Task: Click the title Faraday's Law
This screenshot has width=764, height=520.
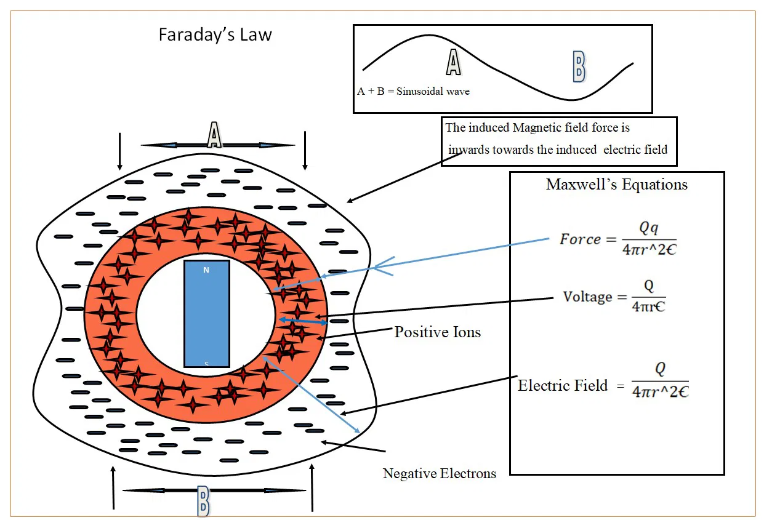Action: coord(215,34)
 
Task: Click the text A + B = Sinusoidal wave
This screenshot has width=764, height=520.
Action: coord(413,92)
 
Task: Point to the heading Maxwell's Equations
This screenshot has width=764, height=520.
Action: coord(616,184)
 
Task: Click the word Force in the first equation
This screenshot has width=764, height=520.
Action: coord(580,239)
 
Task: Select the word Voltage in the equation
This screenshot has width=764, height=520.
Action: coord(587,297)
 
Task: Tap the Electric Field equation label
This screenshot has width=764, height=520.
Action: coord(563,386)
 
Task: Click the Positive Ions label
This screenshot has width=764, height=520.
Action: coord(437,332)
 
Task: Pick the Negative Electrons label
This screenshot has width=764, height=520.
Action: coord(439,473)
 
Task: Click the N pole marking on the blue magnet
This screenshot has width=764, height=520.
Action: coord(206,270)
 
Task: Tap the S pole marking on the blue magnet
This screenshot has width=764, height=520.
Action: coord(206,364)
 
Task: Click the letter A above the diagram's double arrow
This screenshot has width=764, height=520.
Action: coord(214,135)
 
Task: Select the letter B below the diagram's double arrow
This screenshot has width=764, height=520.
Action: coord(203,501)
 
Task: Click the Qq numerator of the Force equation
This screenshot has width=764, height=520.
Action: coord(648,228)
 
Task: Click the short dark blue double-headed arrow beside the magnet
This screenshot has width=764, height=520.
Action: coord(303,321)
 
